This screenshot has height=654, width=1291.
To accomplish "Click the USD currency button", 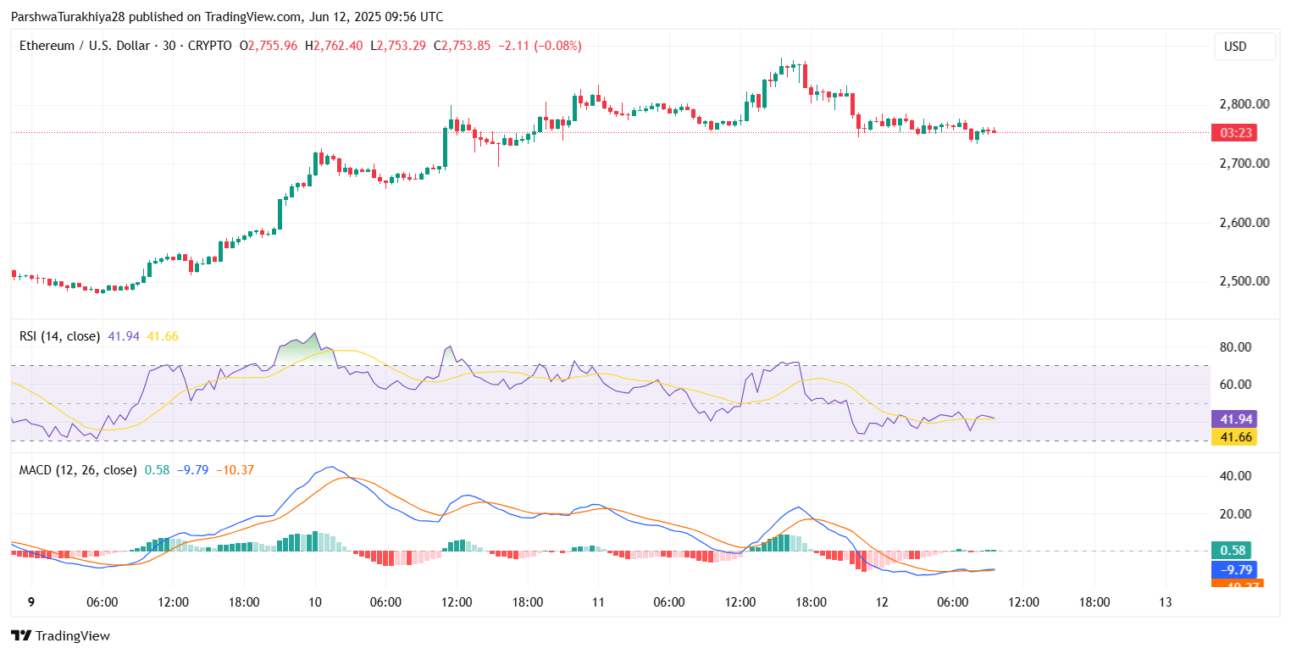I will (1244, 47).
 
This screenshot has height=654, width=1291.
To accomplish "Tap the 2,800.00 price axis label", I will (1244, 104).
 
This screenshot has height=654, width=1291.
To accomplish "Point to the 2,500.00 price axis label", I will (1244, 281).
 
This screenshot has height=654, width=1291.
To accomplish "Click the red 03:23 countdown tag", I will (1233, 132).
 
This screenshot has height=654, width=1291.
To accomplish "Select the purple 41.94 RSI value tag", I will (1233, 418).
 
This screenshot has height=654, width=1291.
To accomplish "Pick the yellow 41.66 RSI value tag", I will (1233, 437).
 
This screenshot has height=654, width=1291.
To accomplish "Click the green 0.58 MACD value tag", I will (1231, 550).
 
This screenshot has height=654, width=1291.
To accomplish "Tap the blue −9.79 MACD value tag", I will (1233, 569).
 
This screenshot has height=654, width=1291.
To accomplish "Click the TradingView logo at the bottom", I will (60, 635).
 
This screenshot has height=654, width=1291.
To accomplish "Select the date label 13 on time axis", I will (1166, 601).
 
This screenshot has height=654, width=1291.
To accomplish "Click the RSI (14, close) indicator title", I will (59, 336).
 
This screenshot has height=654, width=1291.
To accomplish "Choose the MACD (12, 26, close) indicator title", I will (78, 469).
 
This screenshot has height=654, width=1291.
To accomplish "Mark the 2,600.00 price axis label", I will (1244, 223).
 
